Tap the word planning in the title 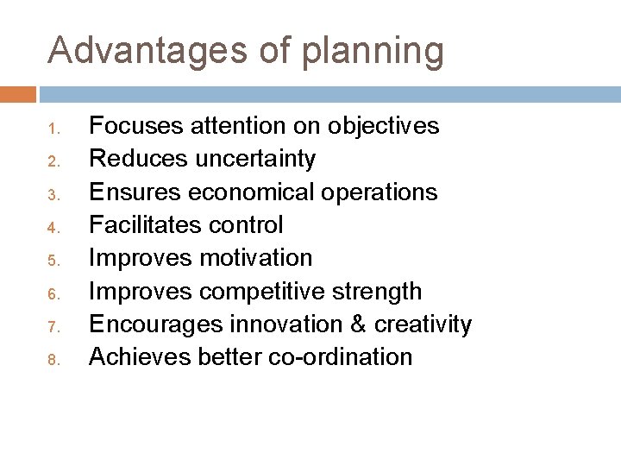[x=374, y=52]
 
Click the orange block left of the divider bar [x=18, y=94]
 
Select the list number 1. [x=52, y=129]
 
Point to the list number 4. [x=52, y=229]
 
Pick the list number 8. [x=52, y=359]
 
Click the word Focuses [x=136, y=127]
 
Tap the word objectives [x=384, y=127]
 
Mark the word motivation [x=256, y=258]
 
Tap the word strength [x=379, y=291]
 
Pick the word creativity [x=422, y=324]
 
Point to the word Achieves [x=141, y=356]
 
